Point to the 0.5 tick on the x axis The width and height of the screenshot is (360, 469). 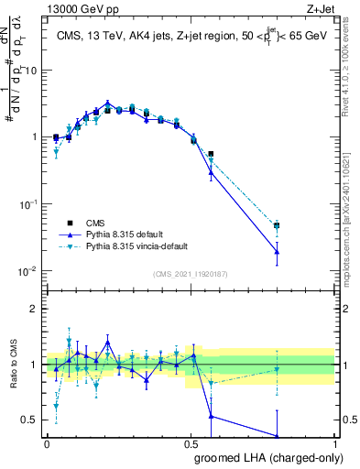tap(191, 442)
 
